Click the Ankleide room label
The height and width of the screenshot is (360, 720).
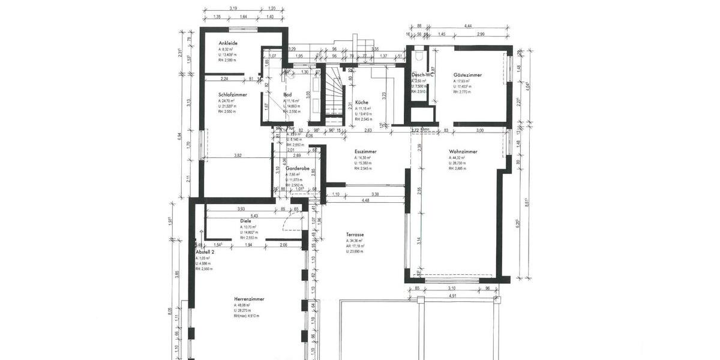(229, 43)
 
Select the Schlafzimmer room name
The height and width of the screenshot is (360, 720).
(233, 95)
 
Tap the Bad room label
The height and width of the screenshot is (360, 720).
(288, 95)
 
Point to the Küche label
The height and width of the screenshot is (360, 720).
(361, 102)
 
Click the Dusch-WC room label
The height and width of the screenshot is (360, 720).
(422, 75)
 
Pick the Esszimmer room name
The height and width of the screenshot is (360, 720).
(365, 152)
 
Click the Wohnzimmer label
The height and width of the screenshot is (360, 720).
(463, 152)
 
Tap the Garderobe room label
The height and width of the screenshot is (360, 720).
(298, 169)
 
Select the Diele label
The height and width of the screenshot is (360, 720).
(246, 221)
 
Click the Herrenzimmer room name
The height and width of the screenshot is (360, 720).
(249, 299)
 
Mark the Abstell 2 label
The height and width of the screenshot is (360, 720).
(205, 253)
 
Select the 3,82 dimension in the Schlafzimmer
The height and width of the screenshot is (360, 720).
(238, 156)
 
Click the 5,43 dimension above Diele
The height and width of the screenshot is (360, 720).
(254, 215)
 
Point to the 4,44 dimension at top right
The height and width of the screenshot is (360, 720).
(468, 26)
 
